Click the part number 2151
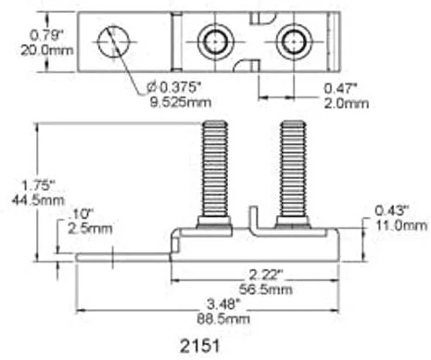199,345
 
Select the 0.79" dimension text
46,35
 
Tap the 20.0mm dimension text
47,50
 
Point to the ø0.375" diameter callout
174,88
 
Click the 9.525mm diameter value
181,102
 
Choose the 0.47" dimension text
340,89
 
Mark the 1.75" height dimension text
38,186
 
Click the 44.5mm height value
38,200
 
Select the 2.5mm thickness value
90,229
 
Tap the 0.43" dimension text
392,211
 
